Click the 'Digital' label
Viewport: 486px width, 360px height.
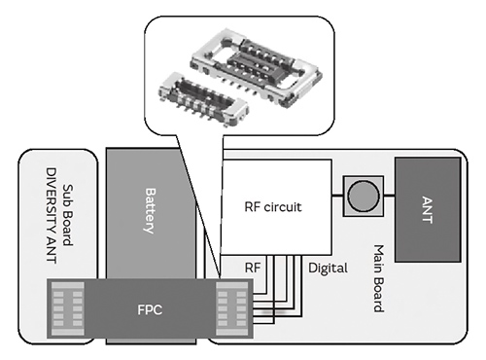(x=328, y=266)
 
